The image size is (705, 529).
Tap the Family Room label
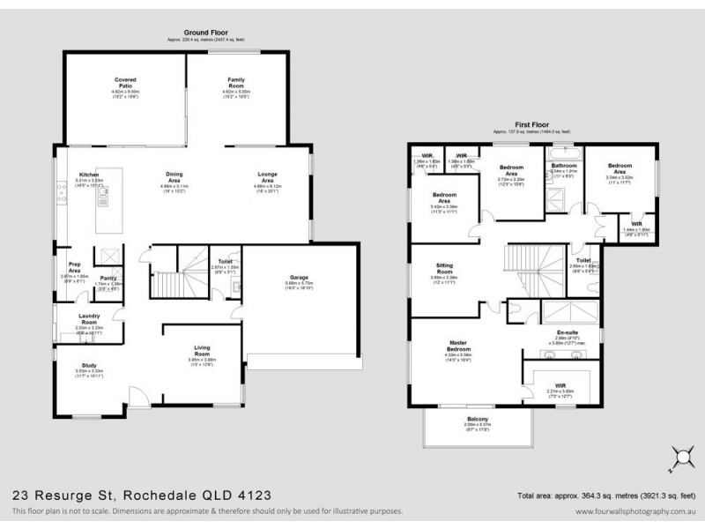point(236,81)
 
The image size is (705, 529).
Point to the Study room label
point(89,364)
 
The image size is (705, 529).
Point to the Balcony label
point(477,418)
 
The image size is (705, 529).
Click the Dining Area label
point(179,175)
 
